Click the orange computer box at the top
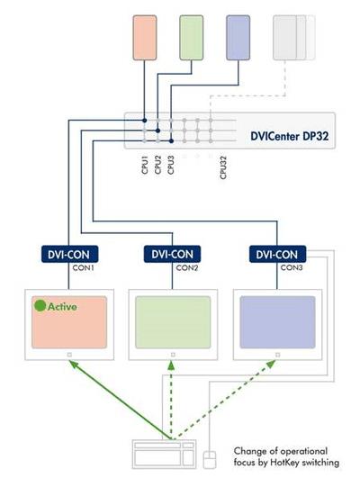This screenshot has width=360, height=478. coord(145,38)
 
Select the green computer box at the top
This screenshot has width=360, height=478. coord(192,38)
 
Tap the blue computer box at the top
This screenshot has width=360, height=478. coord(238,38)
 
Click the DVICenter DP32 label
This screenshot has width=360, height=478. coord(289,136)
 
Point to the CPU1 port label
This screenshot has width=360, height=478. coord(145,165)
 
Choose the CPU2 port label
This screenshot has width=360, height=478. coord(157,165)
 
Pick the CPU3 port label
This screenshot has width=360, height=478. coord(171,165)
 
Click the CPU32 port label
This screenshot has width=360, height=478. coord(223,167)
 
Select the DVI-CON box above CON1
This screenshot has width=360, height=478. coord(69,254)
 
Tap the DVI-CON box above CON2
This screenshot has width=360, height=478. coord(172,254)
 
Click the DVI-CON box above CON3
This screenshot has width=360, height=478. coord(277,254)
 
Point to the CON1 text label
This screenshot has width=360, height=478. coord(83,268)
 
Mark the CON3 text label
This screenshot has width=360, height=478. coord(292,267)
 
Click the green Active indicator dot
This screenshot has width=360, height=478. coord(40,306)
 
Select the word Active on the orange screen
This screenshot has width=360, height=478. coord(62,306)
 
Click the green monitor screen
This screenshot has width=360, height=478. coord(173,322)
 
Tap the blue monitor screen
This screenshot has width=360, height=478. coord(277,322)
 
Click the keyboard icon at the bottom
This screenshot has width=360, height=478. coord(164,454)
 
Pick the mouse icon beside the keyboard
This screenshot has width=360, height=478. coord(210,460)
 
